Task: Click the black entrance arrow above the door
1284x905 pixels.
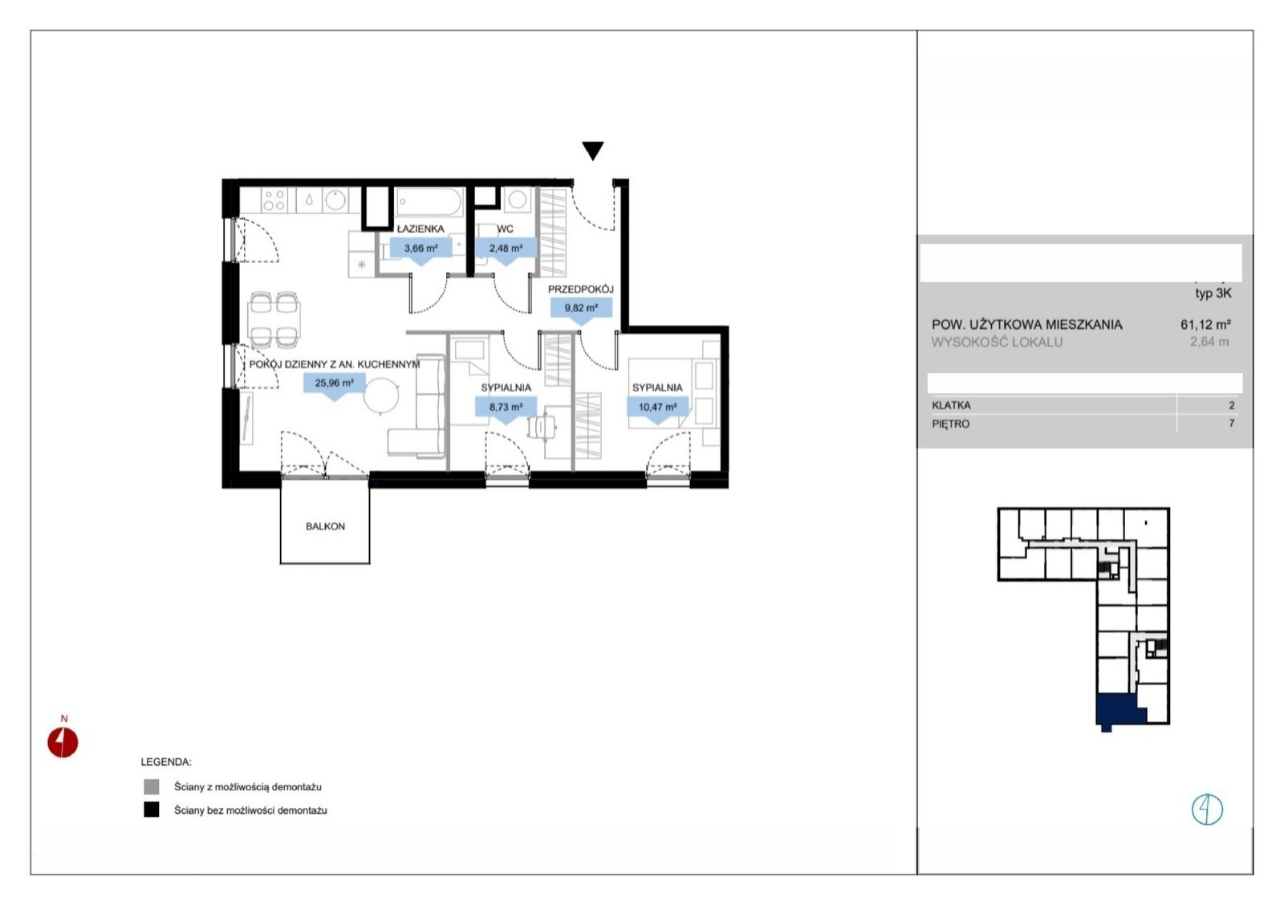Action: (x=593, y=150)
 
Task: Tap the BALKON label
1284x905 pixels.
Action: (x=325, y=526)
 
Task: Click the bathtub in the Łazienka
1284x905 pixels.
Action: (x=429, y=202)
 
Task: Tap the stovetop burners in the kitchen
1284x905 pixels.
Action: (x=274, y=200)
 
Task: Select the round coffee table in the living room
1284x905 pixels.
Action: (x=381, y=395)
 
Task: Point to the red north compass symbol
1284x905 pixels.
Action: (x=63, y=742)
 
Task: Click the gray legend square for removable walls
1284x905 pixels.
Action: (x=152, y=786)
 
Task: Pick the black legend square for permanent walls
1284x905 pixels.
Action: (x=152, y=810)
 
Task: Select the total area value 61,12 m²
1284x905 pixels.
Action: (x=1205, y=324)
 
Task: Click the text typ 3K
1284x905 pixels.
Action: (x=1213, y=294)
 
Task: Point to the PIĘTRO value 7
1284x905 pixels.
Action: (x=1231, y=424)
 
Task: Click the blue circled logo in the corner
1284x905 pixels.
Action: (x=1207, y=810)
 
